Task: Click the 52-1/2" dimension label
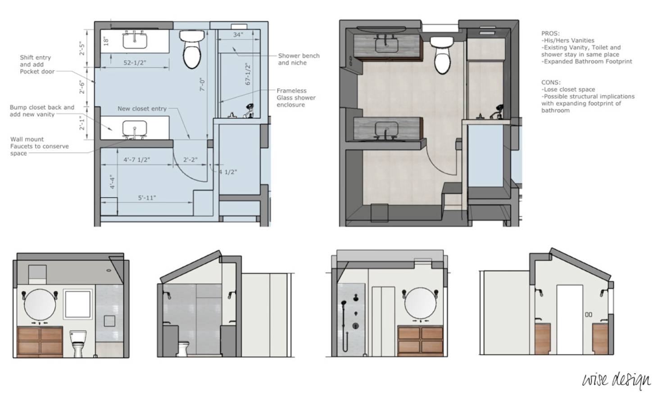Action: (x=135, y=63)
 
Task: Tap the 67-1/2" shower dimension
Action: (x=248, y=74)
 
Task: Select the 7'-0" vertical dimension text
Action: (x=202, y=85)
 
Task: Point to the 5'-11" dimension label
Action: (x=147, y=197)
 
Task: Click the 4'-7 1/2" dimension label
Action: (x=136, y=160)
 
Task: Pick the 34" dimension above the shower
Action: (x=238, y=35)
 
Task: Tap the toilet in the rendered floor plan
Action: (x=442, y=55)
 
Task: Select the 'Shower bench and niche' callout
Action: (x=299, y=59)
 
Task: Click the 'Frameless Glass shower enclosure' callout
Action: (x=296, y=98)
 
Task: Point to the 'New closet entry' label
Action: (x=142, y=109)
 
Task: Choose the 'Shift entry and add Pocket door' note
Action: (x=37, y=64)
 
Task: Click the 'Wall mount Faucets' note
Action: (x=39, y=146)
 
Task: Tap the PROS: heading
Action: (x=550, y=33)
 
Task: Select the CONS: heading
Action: (x=551, y=82)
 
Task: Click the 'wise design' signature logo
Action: (x=616, y=380)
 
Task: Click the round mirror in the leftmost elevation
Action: (x=40, y=305)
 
